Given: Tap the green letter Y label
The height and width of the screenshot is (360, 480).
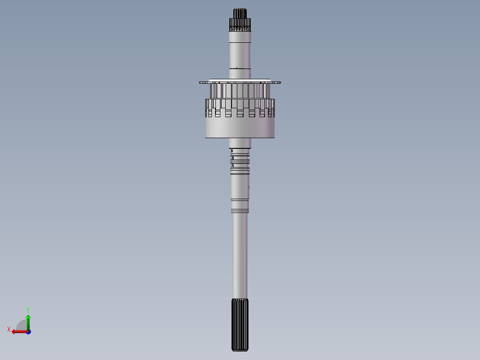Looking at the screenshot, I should click(x=28, y=309).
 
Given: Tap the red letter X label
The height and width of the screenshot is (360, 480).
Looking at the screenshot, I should click(x=8, y=329).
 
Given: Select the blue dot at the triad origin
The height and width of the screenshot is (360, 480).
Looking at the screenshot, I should click(x=28, y=331).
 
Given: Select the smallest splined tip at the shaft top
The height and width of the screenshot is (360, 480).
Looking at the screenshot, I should click(x=240, y=13).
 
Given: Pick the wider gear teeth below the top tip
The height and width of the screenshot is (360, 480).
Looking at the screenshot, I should click(x=240, y=24).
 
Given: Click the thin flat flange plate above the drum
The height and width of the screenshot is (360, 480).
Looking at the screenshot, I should click(x=240, y=82).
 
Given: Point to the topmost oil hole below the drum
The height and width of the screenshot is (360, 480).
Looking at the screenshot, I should click(x=232, y=151).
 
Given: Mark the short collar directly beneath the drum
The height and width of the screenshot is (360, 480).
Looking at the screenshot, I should click(x=240, y=143).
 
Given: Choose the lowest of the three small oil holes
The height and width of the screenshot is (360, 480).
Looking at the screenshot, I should click(x=232, y=165).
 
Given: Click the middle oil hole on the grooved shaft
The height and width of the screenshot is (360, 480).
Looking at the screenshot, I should click(x=232, y=158).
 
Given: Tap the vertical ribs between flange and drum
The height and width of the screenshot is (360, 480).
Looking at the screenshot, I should click(x=240, y=91).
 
